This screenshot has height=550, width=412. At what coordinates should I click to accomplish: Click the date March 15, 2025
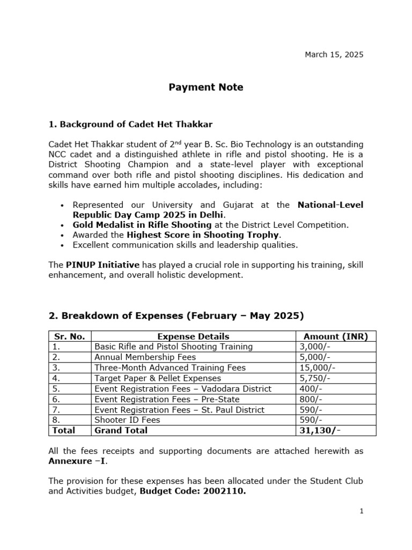[x=334, y=54]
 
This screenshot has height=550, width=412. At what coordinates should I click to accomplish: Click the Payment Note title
[x=206, y=87]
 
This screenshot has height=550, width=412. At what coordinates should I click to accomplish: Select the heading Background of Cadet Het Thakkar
[x=130, y=125]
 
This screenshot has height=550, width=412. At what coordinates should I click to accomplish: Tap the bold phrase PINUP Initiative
[x=102, y=265]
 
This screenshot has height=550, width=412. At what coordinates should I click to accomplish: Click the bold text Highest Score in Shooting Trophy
[x=203, y=235]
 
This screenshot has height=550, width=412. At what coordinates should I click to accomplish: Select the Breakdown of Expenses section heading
[x=176, y=315]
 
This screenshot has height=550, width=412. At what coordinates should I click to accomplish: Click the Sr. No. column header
[x=70, y=337]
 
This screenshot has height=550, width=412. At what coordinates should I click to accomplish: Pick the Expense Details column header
[x=193, y=337]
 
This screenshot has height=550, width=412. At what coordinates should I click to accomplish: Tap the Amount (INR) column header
[x=336, y=337]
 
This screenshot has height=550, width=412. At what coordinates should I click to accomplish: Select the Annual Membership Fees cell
[x=145, y=357]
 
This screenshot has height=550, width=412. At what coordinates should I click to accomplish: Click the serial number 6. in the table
[x=56, y=399]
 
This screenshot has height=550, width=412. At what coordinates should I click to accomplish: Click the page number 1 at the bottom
[x=362, y=511]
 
